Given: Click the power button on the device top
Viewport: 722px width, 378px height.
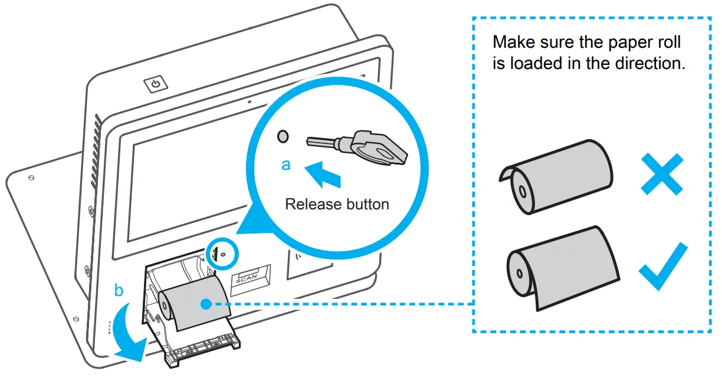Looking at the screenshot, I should (156, 84).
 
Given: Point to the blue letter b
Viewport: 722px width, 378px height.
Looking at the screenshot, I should (119, 291).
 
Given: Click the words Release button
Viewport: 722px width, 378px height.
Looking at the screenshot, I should (337, 205).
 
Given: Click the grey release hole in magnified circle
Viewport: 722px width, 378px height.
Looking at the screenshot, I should (283, 137).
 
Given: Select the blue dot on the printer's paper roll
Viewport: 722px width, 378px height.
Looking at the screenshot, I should (205, 304).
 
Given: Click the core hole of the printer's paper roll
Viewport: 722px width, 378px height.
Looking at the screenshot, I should (163, 300).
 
